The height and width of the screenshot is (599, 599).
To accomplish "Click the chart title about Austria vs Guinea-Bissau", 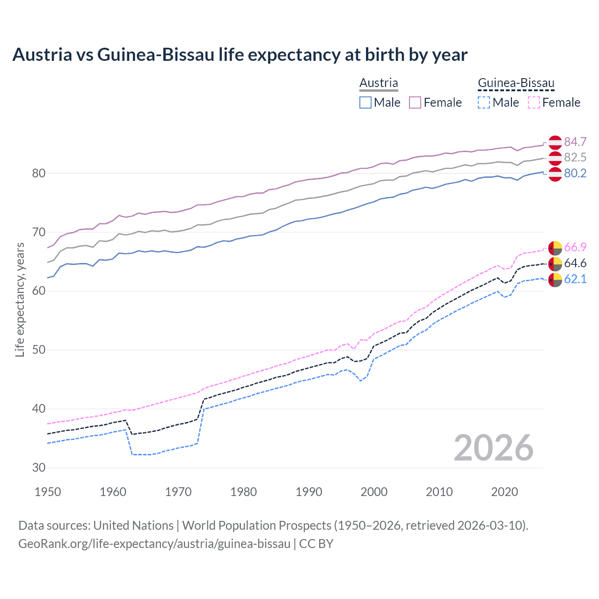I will (240, 55).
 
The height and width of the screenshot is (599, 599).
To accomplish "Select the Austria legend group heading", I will (379, 83).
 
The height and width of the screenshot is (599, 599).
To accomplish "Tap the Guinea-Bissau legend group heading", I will (516, 83).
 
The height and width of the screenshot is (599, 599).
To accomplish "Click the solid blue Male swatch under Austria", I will (365, 102).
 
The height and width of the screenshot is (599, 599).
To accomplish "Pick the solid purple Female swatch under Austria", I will (416, 102).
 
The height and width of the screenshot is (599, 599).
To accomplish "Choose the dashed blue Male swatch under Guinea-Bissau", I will (484, 102).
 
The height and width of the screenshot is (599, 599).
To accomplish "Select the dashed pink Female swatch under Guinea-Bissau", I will (534, 102).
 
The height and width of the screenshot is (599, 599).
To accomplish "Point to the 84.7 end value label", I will (575, 142).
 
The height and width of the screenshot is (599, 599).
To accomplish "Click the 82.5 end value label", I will (575, 158).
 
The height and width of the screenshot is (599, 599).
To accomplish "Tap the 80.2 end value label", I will (575, 174).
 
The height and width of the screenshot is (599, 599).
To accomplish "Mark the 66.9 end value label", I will (575, 247).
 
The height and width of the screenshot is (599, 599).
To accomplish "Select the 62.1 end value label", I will (575, 279).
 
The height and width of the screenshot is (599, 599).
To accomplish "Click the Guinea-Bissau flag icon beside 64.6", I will (555, 263).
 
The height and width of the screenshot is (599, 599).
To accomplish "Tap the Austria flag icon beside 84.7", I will (555, 142).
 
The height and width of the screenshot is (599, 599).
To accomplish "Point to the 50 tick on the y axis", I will (38, 350).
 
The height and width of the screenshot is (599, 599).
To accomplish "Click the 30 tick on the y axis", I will (38, 468).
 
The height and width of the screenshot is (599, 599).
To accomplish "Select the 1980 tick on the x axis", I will (244, 492).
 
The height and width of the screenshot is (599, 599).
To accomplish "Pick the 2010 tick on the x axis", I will (439, 492).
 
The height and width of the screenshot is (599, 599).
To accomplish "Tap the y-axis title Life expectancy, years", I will (20, 299).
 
